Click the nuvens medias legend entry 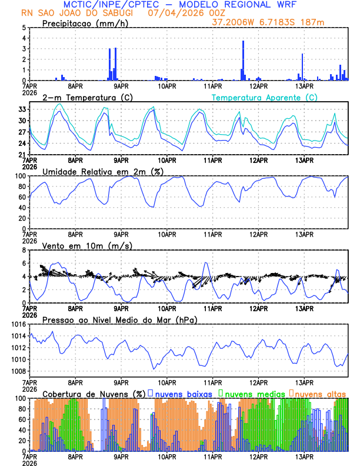coord(250,393)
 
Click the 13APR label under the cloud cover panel coord(304,456)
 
